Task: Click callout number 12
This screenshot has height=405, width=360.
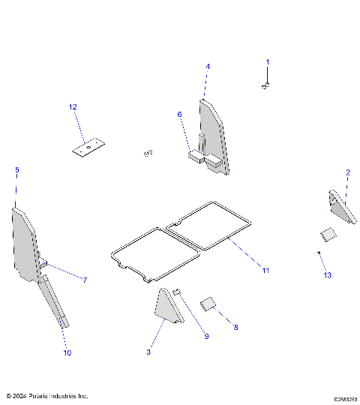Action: [73, 107]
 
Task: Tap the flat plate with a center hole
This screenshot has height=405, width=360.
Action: [88, 148]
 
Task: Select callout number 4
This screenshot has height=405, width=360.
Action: [208, 67]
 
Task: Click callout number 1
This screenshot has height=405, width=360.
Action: [268, 61]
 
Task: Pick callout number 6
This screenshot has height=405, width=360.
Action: [179, 114]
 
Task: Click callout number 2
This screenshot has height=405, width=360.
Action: [347, 172]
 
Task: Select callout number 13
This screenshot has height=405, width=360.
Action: [326, 275]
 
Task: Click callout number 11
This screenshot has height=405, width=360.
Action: [264, 269]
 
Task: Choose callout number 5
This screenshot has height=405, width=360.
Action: [16, 170]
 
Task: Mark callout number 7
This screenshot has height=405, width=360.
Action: [85, 280]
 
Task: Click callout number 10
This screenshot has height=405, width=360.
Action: [67, 352]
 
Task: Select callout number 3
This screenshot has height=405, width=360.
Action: [148, 352]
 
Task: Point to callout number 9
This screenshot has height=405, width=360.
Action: [207, 336]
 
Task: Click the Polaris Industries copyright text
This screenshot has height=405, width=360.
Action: [46, 395]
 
